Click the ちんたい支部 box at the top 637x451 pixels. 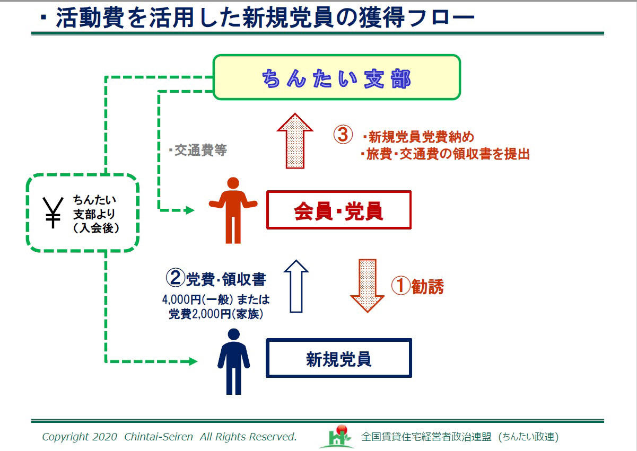[x=336, y=77]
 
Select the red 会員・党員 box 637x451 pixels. [x=338, y=210]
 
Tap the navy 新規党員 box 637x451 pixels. [x=338, y=358]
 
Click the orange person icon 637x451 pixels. [x=233, y=210]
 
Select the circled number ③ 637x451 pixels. [x=343, y=135]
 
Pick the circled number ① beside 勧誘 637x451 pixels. [x=400, y=286]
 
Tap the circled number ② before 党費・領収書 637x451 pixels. [x=176, y=278]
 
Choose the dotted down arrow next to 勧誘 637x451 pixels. [x=367, y=285]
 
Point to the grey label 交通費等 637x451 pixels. [x=198, y=151]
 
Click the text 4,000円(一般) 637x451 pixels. [x=193, y=299]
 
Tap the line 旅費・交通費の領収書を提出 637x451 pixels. [x=444, y=154]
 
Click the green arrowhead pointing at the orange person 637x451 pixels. [x=189, y=210]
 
